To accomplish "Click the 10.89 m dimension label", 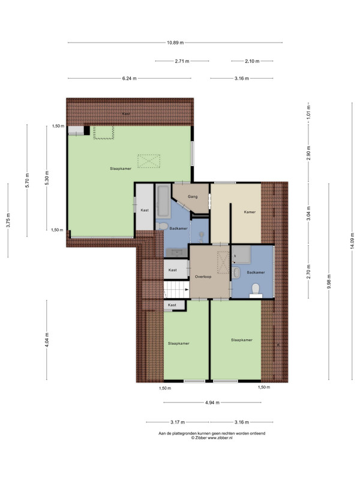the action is (175, 43).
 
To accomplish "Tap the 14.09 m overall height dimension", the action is (352, 241).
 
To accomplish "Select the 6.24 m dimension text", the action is (129, 79).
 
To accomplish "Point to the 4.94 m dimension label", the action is (212, 403).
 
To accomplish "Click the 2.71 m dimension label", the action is (182, 61).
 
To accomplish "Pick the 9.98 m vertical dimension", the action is (329, 281).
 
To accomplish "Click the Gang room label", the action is (193, 197).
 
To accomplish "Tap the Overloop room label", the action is (203, 277).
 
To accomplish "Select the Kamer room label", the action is (250, 212).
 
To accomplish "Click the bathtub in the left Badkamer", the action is (163, 201).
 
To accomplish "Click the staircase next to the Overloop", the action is (176, 290).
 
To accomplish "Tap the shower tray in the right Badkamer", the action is (242, 254).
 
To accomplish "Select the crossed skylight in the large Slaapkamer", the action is (149, 161).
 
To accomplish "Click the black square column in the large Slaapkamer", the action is (87, 131).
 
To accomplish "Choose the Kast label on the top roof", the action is (126, 114).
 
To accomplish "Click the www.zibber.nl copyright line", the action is (212, 438).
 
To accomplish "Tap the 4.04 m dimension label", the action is (47, 340).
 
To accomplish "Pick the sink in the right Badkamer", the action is (236, 273).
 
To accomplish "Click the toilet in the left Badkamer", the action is (162, 226).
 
